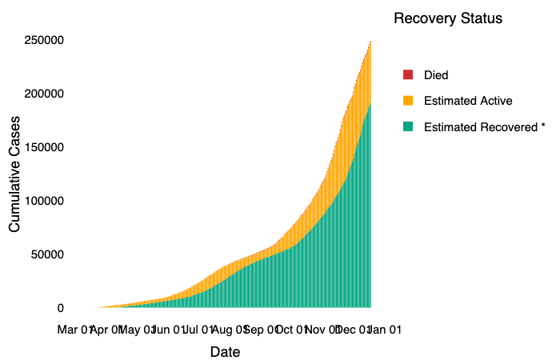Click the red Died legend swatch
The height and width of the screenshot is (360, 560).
(x=407, y=75)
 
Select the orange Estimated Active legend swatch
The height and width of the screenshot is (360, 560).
(x=407, y=101)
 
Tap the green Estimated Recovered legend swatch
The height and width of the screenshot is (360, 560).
(x=407, y=126)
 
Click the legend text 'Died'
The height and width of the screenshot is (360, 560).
(x=436, y=75)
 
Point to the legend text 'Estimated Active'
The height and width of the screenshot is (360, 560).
(x=468, y=101)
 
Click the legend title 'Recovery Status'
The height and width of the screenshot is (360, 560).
(x=448, y=19)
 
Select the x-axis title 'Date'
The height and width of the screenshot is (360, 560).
(x=225, y=352)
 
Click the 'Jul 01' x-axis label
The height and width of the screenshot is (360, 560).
(x=196, y=329)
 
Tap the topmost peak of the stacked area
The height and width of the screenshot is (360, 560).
(x=370, y=42)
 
